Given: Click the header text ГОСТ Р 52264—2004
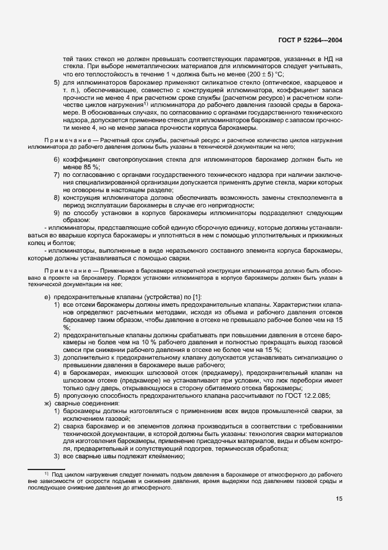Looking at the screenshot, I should click(x=311, y=40).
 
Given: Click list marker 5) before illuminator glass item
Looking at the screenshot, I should click(x=56, y=85).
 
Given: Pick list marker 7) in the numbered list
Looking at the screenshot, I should click(x=56, y=175).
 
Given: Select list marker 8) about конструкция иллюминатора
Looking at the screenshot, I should click(x=56, y=197).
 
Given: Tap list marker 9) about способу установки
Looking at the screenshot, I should click(x=56, y=213).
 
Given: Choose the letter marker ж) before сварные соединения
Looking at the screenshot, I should click(x=48, y=404).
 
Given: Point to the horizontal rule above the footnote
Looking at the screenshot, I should click(x=46, y=468).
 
